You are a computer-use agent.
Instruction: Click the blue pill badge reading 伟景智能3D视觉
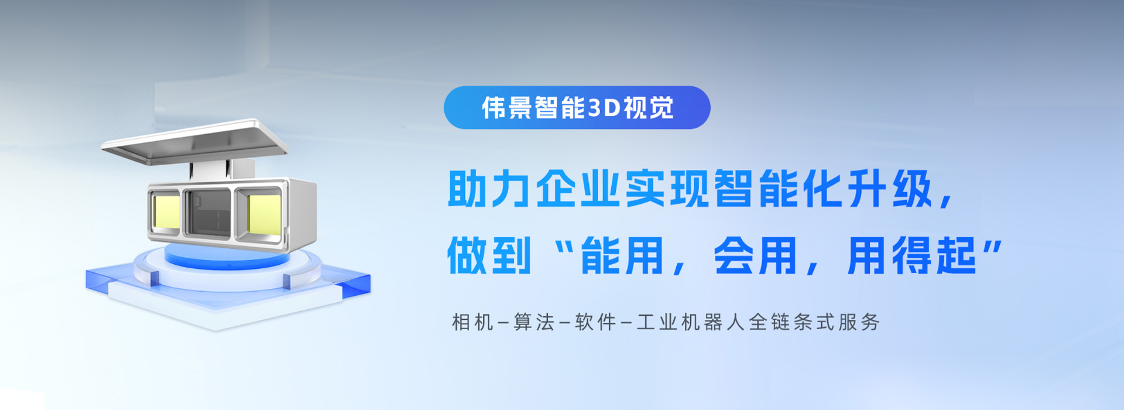pyautogui.click(x=577, y=108)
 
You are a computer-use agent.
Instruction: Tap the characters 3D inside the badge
pyautogui.click(x=603, y=108)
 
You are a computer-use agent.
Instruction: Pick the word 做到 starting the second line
pyautogui.click(x=489, y=256)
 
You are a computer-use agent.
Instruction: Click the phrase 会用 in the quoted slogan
pyautogui.click(x=755, y=256)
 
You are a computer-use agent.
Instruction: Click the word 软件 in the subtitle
pyautogui.click(x=595, y=322)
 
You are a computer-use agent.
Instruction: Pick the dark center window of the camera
pyautogui.click(x=208, y=212)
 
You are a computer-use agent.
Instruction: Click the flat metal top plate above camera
pyautogui.click(x=196, y=142)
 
